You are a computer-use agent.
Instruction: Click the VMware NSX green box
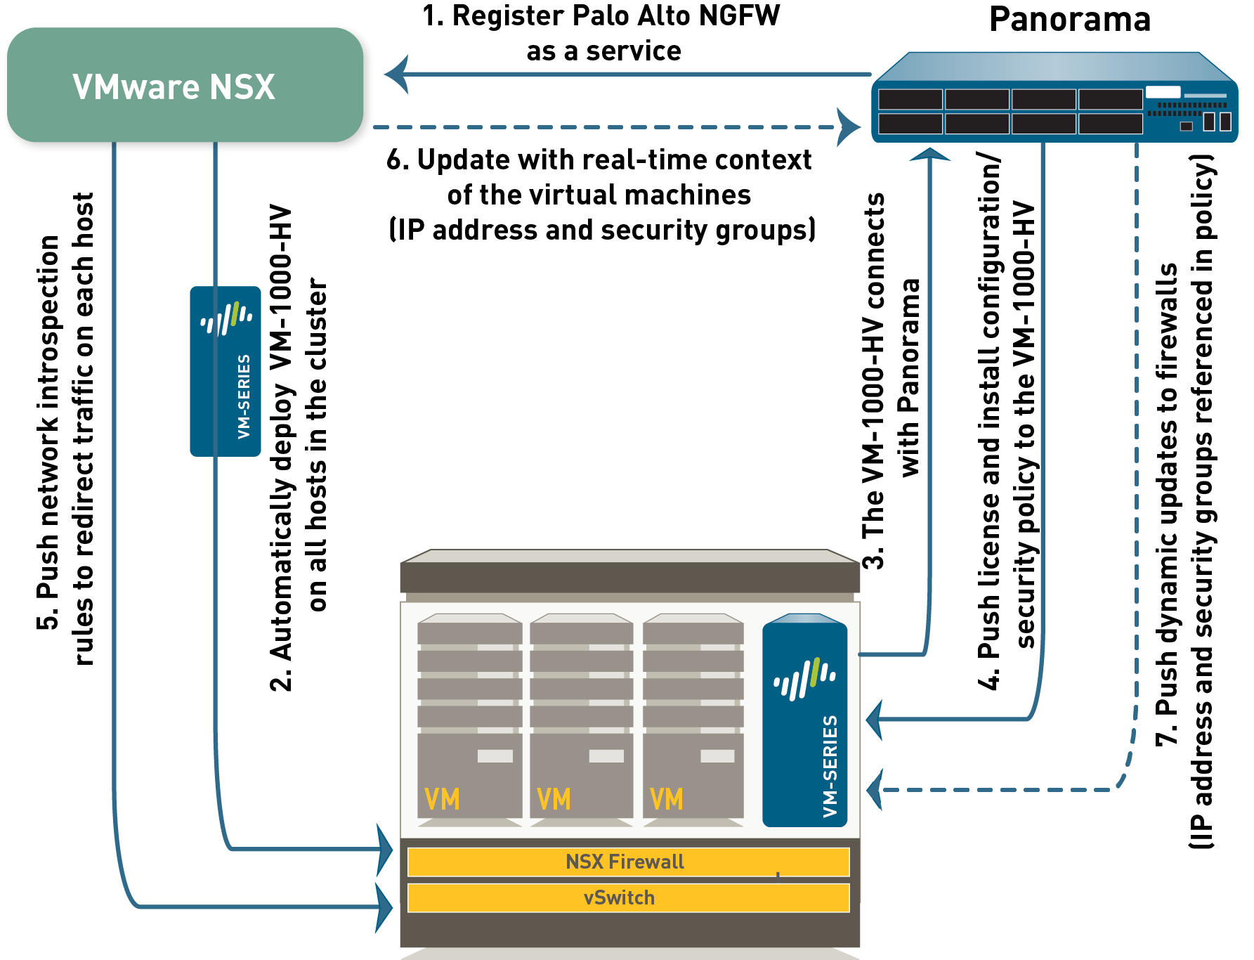[x=186, y=87]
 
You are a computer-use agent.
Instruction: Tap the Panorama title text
[x=1069, y=20]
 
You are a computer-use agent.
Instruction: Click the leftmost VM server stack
[x=469, y=717]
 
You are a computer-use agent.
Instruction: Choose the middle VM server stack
[x=581, y=717]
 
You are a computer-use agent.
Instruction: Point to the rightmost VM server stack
[x=693, y=717]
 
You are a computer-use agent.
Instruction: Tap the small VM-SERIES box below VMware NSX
[x=225, y=371]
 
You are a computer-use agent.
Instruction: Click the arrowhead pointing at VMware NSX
[x=396, y=74]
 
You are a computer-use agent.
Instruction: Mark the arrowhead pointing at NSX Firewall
[x=385, y=850]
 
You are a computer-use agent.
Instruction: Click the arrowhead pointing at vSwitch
[x=385, y=907]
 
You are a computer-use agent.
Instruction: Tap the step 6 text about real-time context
[x=601, y=195]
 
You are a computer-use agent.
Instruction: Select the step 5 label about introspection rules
[x=65, y=429]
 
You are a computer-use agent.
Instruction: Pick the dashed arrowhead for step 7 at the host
[x=875, y=790]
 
